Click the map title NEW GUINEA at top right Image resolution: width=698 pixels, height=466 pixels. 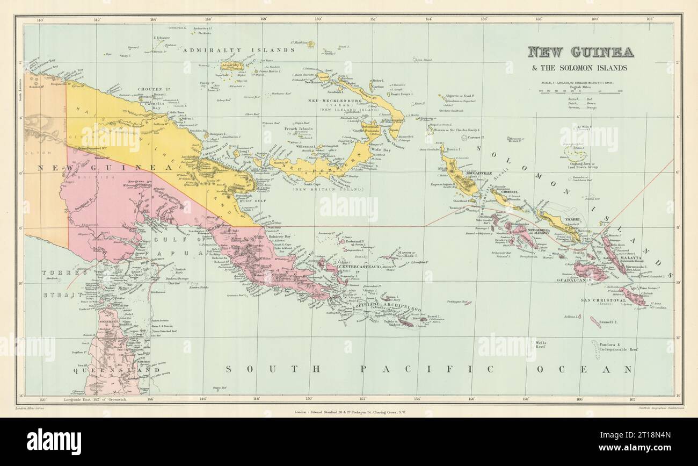pyautogui.click(x=580, y=52)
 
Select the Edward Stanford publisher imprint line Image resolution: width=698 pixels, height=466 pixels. pyautogui.click(x=348, y=413)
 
